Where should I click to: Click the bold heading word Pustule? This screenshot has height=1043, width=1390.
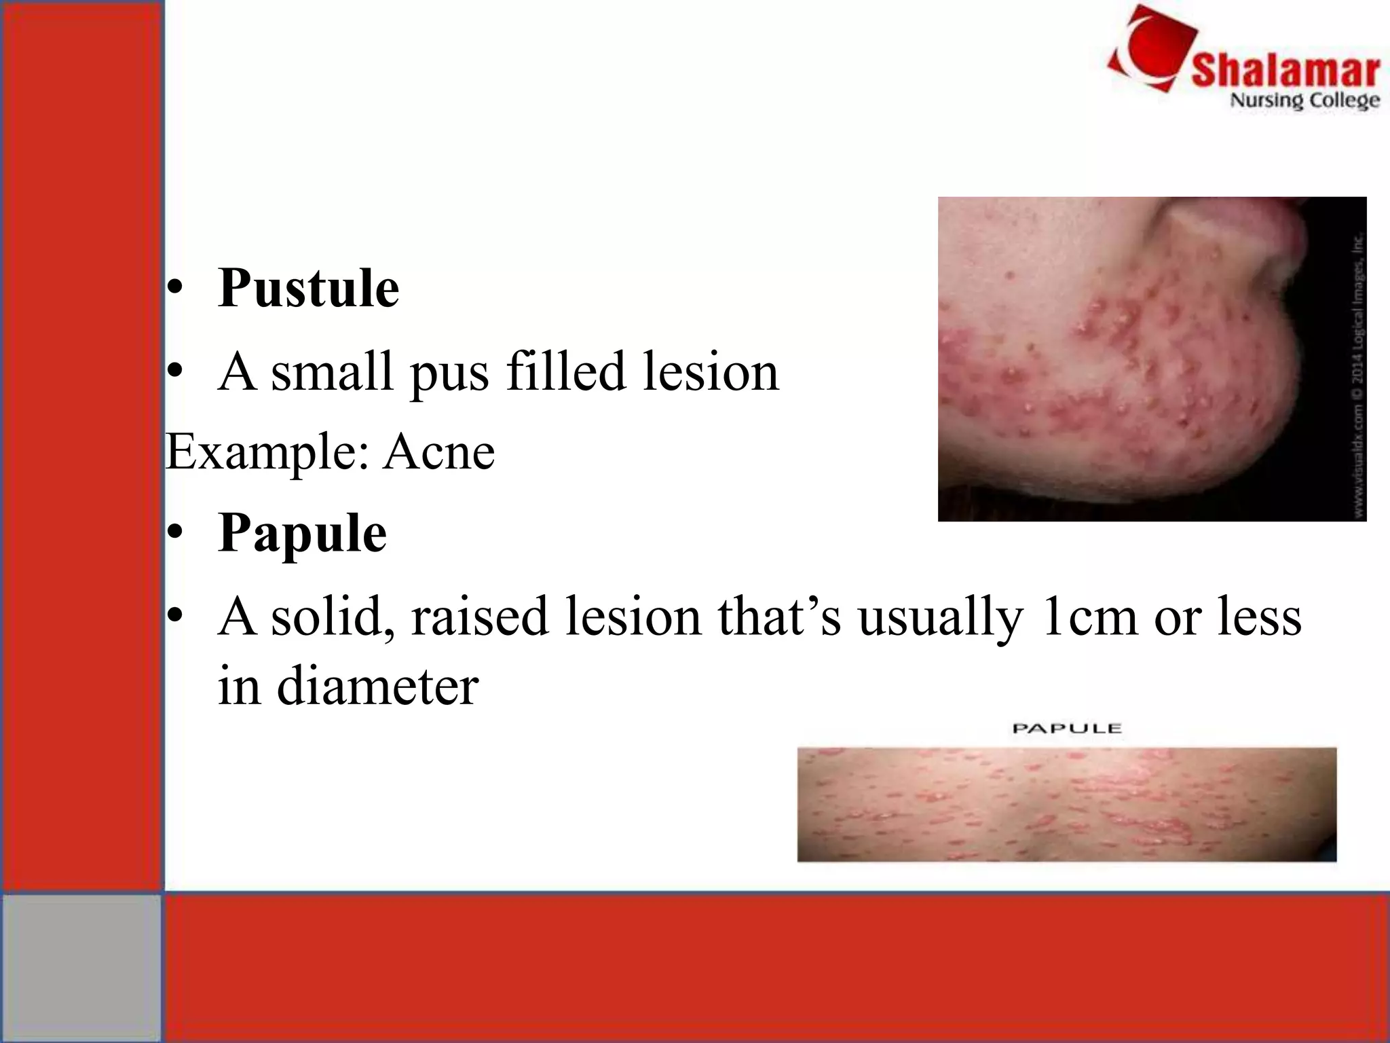308,289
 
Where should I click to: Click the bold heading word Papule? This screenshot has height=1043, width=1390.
302,534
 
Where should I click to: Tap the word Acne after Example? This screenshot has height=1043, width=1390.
439,452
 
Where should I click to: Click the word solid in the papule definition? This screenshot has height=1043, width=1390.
333,617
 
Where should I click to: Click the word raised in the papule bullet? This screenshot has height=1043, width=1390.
479,617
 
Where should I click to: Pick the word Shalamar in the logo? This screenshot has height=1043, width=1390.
1285,71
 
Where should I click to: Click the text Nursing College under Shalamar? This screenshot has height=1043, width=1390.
1304,100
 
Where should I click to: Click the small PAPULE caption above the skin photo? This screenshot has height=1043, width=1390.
1066,729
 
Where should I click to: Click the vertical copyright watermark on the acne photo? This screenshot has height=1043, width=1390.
1358,380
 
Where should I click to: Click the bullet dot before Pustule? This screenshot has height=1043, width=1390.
176,289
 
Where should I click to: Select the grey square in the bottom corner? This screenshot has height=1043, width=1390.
81,967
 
